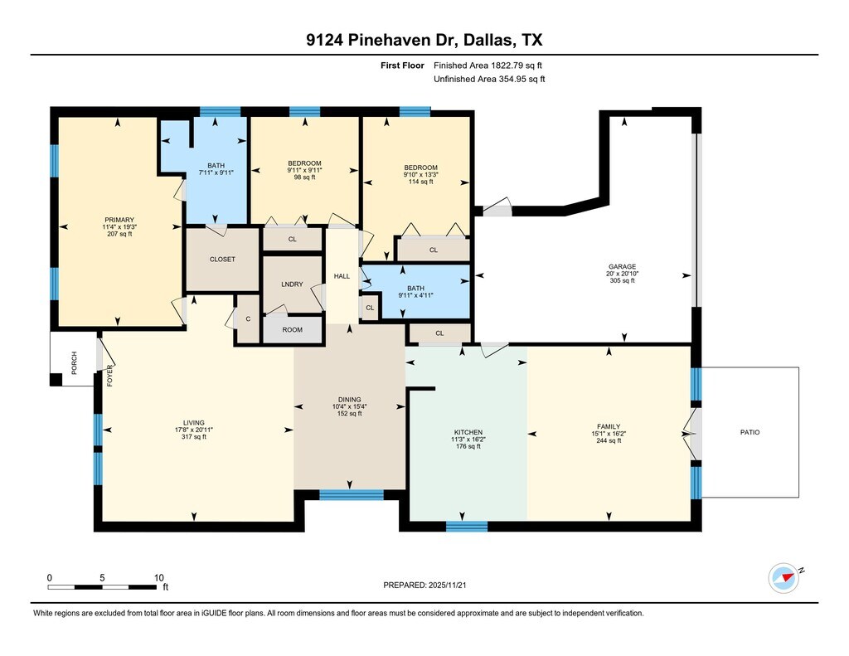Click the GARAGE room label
(622, 266)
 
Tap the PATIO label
(750, 432)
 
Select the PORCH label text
(74, 363)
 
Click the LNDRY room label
(293, 284)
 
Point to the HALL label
(342, 276)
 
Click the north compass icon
(784, 578)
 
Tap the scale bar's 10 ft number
(158, 577)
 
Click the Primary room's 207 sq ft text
(119, 234)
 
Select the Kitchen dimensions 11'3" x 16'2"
(468, 440)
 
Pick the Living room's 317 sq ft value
(194, 436)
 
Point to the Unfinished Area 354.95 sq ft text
(489, 79)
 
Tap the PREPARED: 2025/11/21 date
(424, 585)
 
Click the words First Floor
(402, 66)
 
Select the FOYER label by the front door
(110, 376)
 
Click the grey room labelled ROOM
(293, 330)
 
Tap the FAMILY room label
(609, 426)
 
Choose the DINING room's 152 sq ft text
(350, 413)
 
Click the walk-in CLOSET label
(222, 260)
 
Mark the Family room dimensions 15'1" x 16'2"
(609, 434)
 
